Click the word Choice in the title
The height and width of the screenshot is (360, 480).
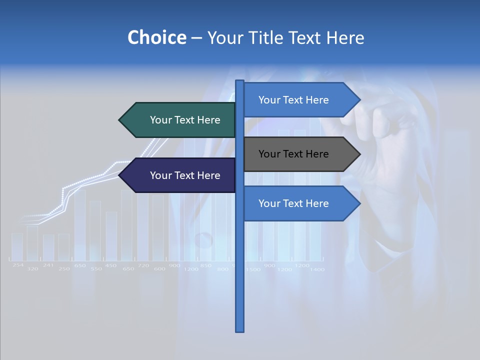pos(156,37)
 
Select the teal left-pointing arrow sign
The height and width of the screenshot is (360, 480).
pos(180,120)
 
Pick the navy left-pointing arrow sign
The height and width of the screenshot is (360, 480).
pos(180,175)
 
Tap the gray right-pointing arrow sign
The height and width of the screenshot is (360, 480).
pos(297,154)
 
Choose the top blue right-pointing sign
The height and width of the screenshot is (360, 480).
pos(297,100)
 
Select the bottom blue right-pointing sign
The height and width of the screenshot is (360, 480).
pos(297,203)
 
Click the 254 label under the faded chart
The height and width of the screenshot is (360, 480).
pos(18,265)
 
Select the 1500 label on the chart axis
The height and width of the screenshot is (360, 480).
pos(253,269)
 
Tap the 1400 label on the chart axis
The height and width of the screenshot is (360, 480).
pos(317,269)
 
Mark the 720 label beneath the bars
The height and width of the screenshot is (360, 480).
pos(143,265)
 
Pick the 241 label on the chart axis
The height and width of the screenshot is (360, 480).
pos(48,265)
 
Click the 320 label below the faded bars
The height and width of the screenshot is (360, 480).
pos(32,269)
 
